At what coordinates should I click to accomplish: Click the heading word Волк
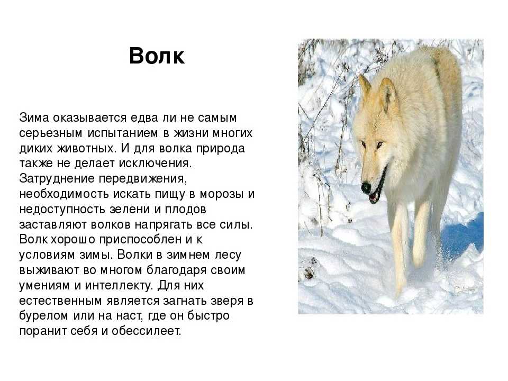(x=157, y=56)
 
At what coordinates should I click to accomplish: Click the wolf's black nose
(x=366, y=187)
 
